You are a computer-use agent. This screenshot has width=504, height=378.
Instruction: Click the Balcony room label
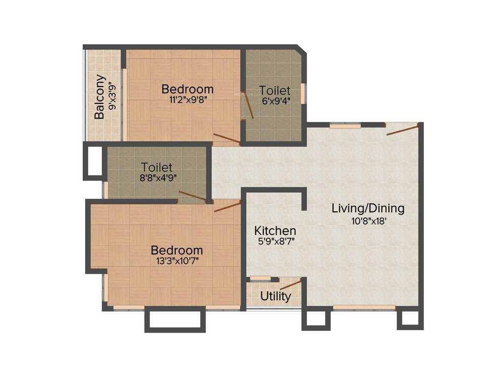(100, 96)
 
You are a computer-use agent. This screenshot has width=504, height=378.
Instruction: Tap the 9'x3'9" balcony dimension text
(113, 95)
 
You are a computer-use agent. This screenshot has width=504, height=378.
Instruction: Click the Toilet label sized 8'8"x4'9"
(157, 167)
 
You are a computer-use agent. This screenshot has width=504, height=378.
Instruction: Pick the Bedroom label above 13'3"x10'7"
(177, 250)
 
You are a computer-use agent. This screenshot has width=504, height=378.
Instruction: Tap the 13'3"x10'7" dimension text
(177, 260)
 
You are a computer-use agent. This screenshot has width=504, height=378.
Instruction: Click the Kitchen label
(275, 230)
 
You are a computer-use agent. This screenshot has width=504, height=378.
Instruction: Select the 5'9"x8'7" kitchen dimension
(275, 241)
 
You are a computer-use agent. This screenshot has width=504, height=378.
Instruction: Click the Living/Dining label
(368, 208)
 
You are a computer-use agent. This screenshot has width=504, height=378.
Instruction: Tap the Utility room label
(276, 296)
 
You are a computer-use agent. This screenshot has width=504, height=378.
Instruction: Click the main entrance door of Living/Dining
(403, 130)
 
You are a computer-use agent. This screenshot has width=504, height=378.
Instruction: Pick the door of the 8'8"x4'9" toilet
(192, 196)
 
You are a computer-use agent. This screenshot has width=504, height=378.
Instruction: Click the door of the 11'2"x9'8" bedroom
(226, 138)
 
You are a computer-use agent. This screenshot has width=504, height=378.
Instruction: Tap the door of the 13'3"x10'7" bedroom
(227, 206)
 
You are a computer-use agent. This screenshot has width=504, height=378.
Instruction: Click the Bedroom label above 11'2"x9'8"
(188, 89)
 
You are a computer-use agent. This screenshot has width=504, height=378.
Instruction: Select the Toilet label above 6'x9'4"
(275, 91)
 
